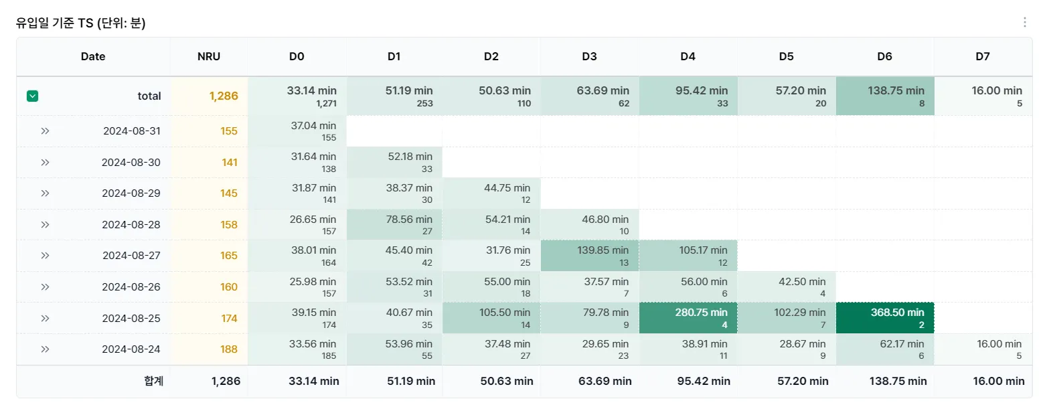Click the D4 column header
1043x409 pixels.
(x=688, y=56)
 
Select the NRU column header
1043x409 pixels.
(x=209, y=56)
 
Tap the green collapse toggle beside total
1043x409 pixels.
(x=32, y=96)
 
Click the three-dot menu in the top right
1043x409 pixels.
(x=1024, y=22)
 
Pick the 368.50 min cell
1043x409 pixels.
(x=885, y=318)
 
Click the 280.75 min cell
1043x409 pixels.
(x=688, y=318)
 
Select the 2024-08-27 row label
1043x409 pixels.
(x=131, y=255)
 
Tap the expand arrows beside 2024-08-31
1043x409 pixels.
(x=45, y=131)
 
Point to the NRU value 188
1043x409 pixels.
(x=229, y=349)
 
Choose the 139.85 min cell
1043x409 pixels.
(x=590, y=255)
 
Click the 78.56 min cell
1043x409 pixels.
(x=394, y=224)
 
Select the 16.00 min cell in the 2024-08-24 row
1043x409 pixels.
(x=983, y=349)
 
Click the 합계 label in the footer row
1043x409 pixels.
(x=153, y=381)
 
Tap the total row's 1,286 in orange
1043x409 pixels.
(x=224, y=96)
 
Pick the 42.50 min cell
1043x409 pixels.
(x=787, y=287)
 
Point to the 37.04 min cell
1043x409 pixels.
(x=297, y=131)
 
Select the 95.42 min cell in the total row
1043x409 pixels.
(x=688, y=96)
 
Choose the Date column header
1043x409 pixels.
(x=93, y=56)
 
